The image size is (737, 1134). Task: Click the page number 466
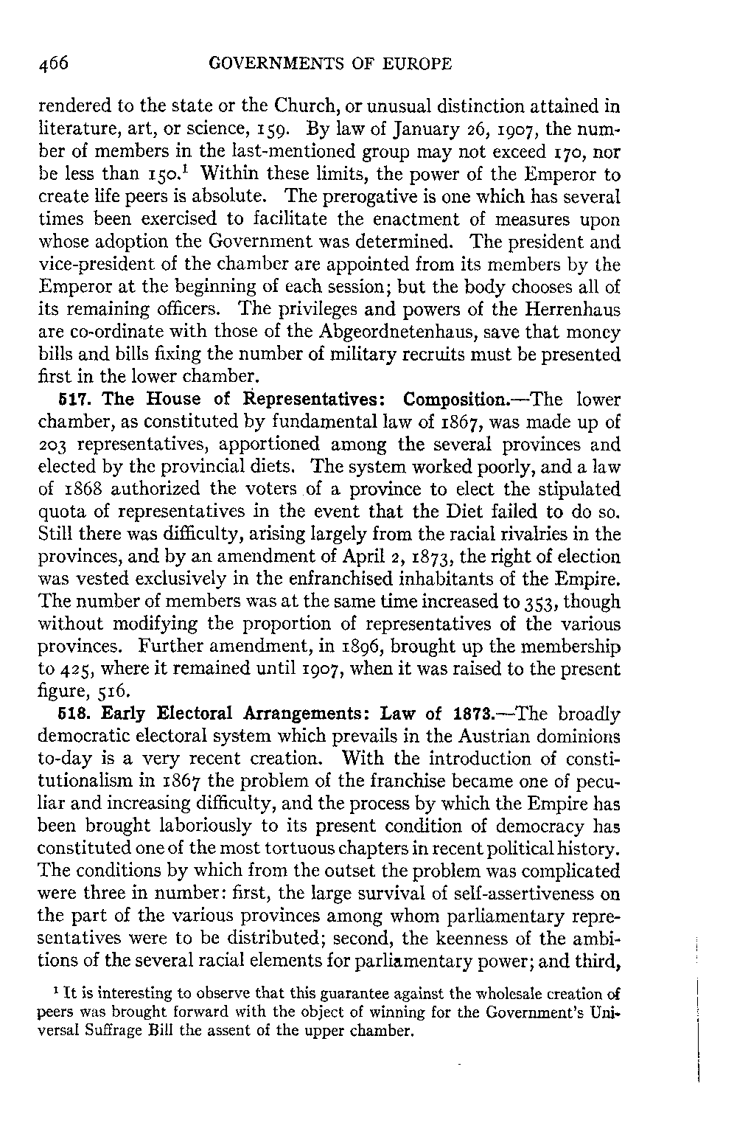pyautogui.click(x=53, y=64)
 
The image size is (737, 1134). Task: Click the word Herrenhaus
pyautogui.click(x=579, y=310)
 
